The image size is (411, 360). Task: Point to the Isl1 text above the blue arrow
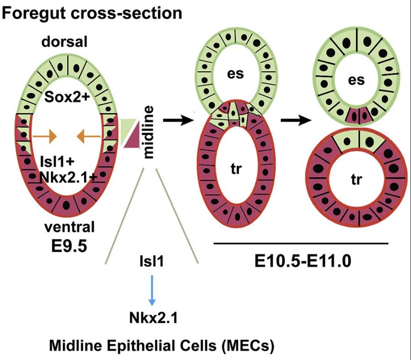pyautogui.click(x=151, y=263)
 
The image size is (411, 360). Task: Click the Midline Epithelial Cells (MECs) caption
pyautogui.click(x=162, y=345)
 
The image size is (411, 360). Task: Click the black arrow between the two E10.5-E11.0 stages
pyautogui.click(x=294, y=120)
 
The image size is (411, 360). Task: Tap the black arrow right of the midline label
pyautogui.click(x=176, y=120)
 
